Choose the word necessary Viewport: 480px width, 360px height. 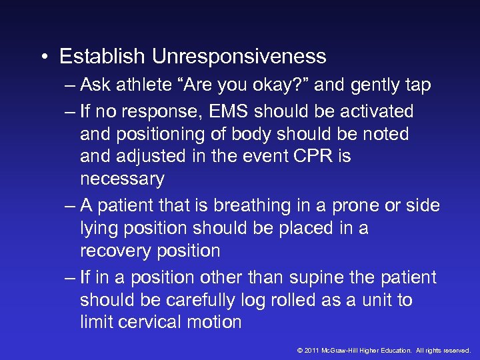pos(121,179)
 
